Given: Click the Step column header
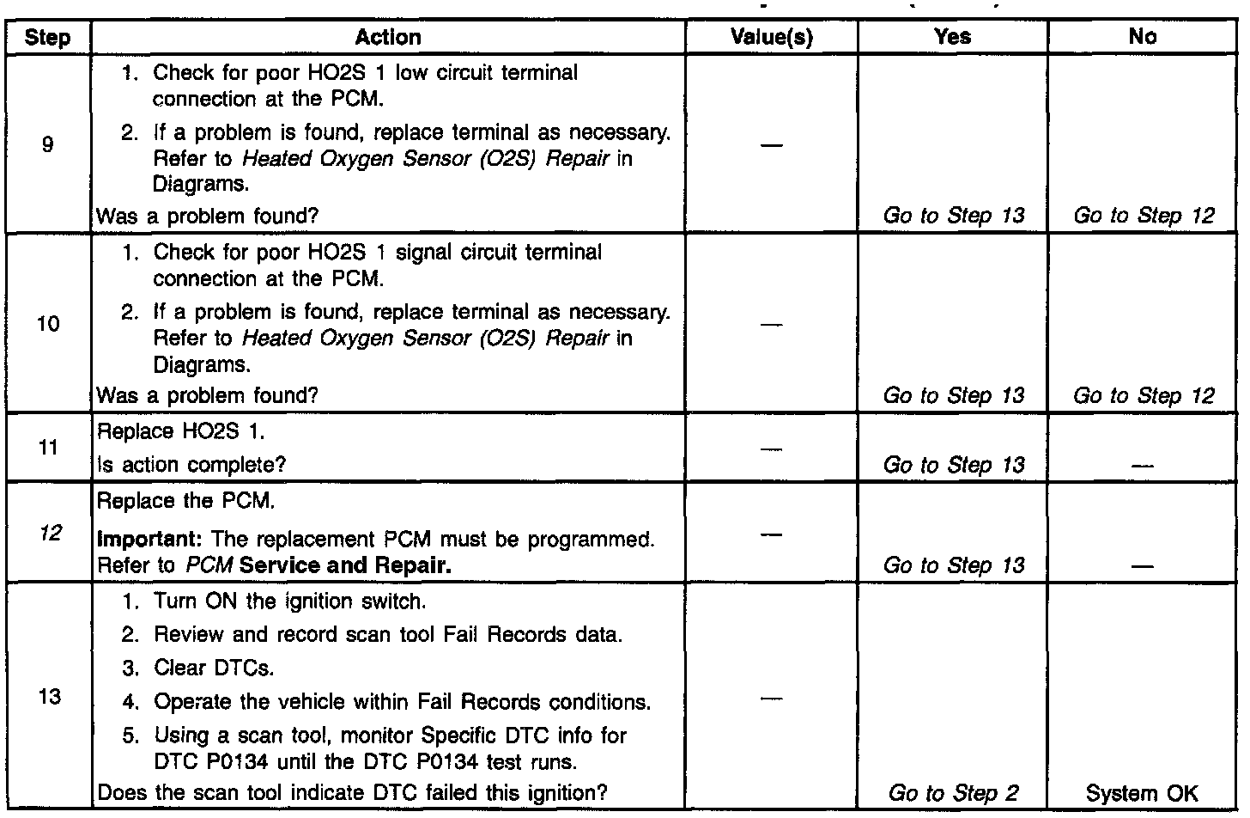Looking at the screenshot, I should coord(47,38).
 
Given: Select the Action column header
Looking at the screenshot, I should coord(388,37).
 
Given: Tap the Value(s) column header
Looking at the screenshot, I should coord(771,37).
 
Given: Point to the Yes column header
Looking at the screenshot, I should coord(953,37).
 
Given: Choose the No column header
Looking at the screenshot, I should coord(1143,37).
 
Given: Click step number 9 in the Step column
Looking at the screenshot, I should coord(47,144).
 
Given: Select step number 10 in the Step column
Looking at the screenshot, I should coord(48,324).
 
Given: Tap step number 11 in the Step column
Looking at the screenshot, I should coord(48,448).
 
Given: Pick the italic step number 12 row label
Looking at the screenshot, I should coord(50,534).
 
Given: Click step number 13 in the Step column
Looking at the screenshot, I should coord(49,696).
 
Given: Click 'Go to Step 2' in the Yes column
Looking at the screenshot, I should coord(953,793).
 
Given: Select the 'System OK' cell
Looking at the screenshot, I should coord(1142,793).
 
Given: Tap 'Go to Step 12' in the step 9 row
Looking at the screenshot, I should coord(1144,216).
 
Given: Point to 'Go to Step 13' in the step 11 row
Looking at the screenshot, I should coord(953,465).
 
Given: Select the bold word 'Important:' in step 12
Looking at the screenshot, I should coord(149,540).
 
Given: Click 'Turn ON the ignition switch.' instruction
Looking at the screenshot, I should coord(289,601).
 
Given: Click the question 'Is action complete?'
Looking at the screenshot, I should coord(191,465).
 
